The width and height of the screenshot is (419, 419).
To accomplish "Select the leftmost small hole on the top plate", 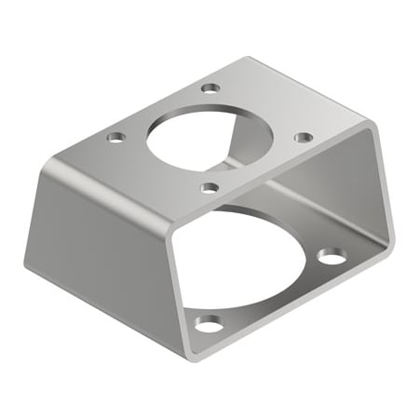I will click(115, 137).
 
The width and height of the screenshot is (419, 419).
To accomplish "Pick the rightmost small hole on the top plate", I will click(304, 137).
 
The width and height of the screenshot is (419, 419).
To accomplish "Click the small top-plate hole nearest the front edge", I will click(210, 187).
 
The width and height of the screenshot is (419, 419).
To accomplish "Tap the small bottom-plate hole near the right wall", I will click(330, 254).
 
